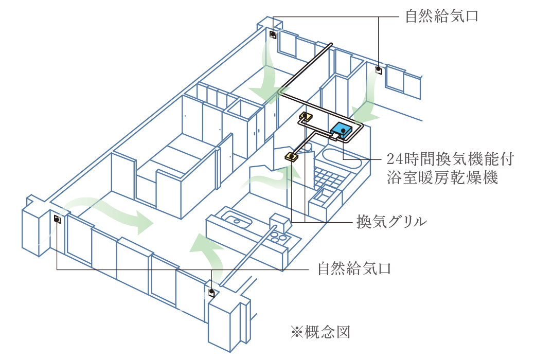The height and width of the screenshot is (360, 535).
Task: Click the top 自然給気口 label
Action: (442, 16)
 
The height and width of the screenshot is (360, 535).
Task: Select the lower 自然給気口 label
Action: (354, 268)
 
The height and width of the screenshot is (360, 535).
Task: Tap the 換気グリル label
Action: (393, 222)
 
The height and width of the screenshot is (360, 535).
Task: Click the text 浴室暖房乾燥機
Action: (442, 178)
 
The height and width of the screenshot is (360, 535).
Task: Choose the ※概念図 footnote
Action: (320, 332)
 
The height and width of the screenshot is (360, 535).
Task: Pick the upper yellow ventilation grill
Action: (305, 117)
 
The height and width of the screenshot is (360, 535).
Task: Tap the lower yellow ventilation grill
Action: (292, 156)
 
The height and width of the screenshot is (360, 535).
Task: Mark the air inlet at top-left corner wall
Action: (273, 35)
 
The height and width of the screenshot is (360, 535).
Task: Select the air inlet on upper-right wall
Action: (379, 69)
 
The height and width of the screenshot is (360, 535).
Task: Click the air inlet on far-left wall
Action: (57, 220)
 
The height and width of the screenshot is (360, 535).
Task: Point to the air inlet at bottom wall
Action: (211, 292)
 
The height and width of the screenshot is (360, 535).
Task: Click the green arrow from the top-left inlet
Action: (268, 72)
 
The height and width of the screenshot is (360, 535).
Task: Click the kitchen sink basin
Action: (237, 222)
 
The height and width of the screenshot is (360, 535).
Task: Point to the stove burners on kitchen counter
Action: (278, 238)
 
